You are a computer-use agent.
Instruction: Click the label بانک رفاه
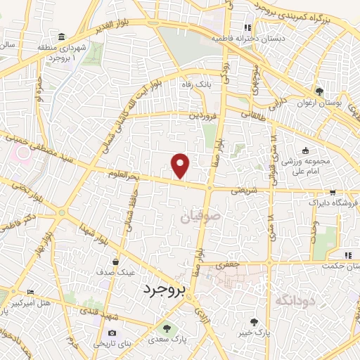(196, 84)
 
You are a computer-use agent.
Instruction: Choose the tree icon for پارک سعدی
(166, 327)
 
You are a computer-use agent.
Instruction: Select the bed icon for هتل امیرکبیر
(29, 292)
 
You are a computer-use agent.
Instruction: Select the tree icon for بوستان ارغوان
(319, 91)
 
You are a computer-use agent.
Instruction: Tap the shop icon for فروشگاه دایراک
(333, 192)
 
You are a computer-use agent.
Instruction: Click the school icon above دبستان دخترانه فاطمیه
(248, 28)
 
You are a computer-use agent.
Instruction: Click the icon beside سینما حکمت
(347, 255)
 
